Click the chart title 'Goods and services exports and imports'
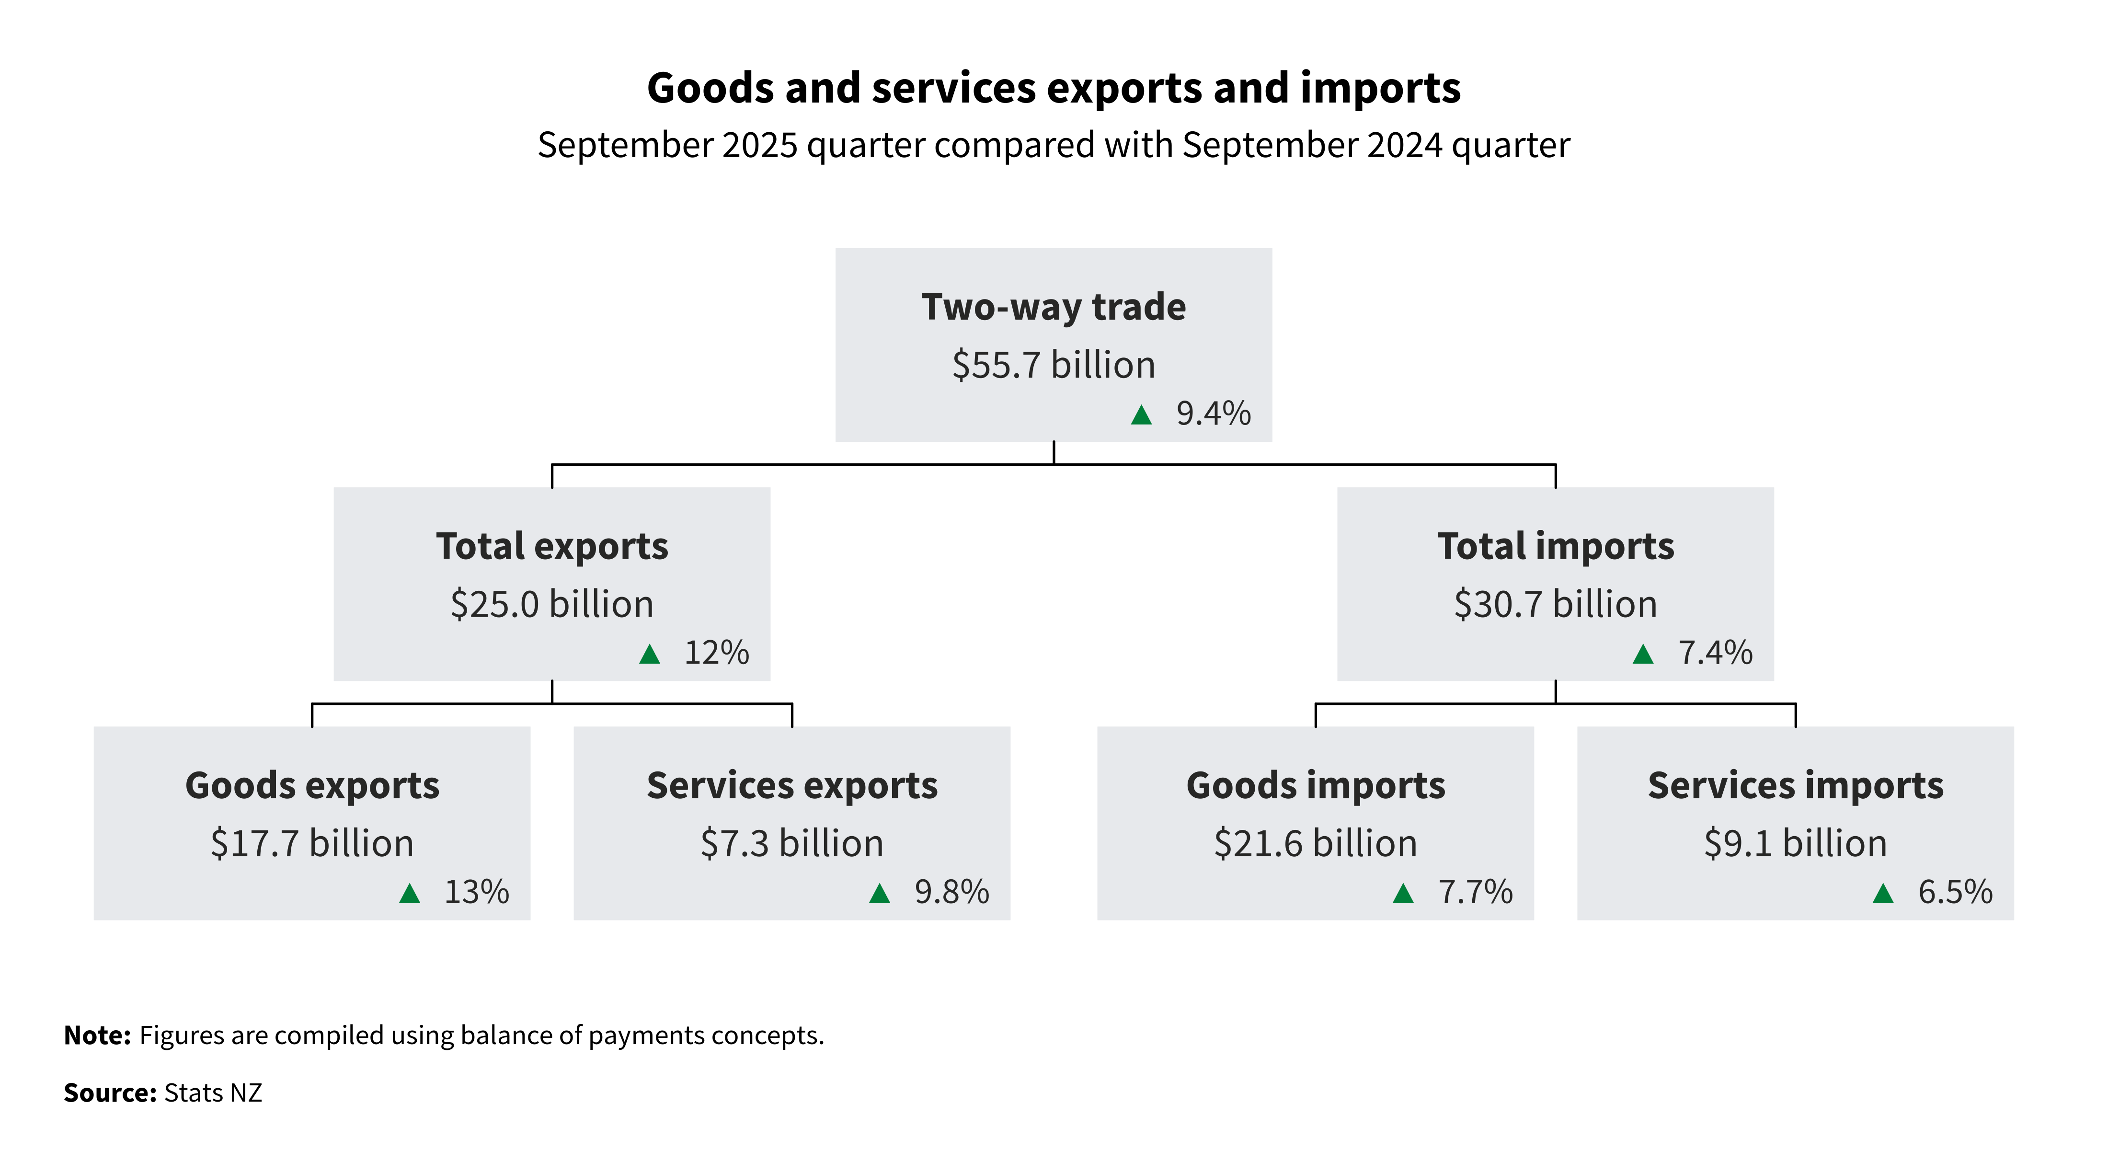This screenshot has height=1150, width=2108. (x=1053, y=88)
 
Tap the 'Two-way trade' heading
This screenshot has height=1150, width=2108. (x=1053, y=308)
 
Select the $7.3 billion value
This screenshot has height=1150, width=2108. (x=791, y=843)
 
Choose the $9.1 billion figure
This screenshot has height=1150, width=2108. (x=1796, y=843)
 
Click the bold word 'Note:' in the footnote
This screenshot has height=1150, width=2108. (x=97, y=1035)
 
